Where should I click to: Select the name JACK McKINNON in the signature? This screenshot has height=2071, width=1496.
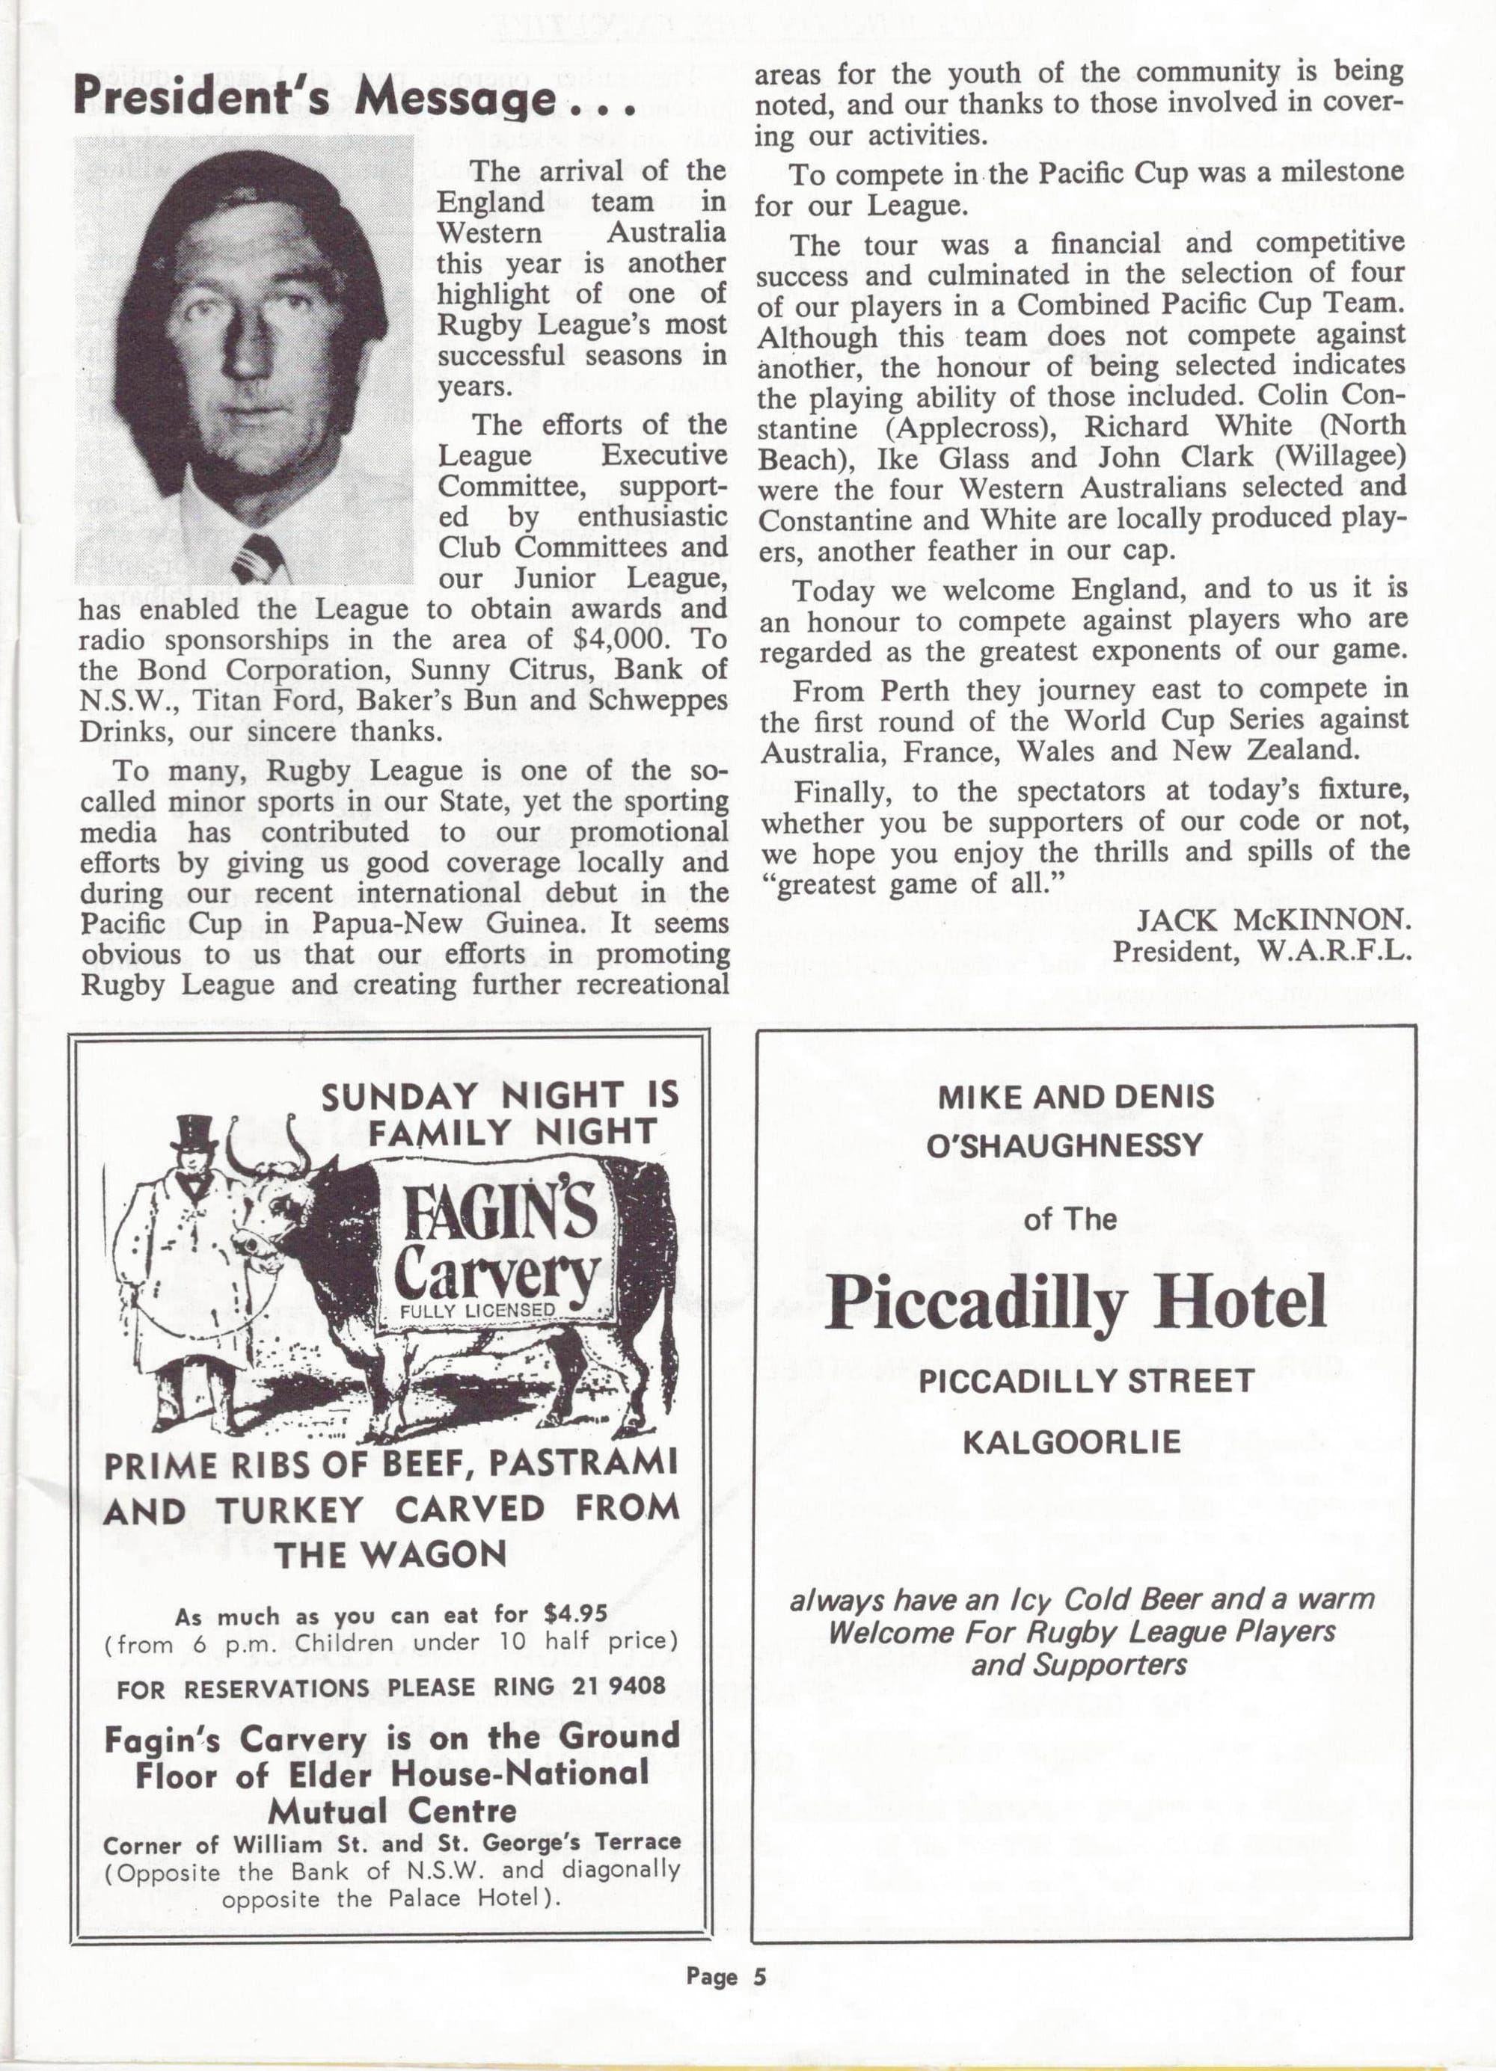tap(1274, 921)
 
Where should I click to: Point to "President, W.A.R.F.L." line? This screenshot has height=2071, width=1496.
tap(1263, 952)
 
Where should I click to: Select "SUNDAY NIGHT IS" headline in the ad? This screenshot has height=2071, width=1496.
tap(500, 1095)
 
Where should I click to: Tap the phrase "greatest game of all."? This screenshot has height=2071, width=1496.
tap(913, 884)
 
